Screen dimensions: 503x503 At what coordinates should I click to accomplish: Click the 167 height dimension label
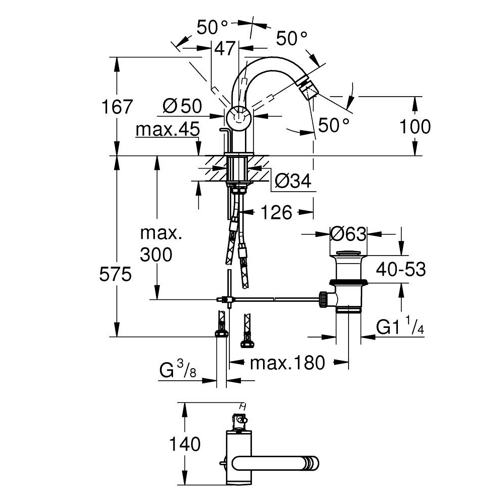point(117,107)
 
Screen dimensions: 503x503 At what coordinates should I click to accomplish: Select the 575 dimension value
point(117,275)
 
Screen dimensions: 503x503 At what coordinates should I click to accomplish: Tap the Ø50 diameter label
point(182,106)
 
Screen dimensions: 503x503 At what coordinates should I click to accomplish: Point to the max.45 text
point(167,130)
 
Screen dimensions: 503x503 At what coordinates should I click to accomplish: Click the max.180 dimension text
point(288,362)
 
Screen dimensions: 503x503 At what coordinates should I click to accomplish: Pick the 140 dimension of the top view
point(185,444)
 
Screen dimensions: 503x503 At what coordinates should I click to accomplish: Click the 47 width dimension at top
point(225,48)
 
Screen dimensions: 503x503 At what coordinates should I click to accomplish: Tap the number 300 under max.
point(156,255)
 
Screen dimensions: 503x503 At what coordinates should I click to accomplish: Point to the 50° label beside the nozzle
point(332,125)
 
